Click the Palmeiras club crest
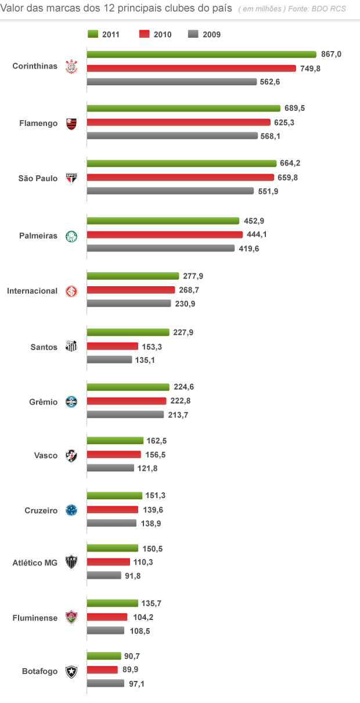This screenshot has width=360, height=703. (71, 236)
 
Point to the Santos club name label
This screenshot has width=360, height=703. (44, 347)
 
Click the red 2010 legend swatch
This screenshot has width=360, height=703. (145, 34)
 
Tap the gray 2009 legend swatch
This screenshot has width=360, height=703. (194, 34)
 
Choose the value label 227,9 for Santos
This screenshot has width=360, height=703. (183, 333)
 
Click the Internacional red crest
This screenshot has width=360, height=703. (71, 291)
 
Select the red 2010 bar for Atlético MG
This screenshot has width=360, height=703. (109, 562)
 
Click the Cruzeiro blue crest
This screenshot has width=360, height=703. (71, 510)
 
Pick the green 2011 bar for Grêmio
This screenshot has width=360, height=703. (128, 387)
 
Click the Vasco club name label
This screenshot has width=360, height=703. (46, 456)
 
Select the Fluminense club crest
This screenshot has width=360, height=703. (71, 617)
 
